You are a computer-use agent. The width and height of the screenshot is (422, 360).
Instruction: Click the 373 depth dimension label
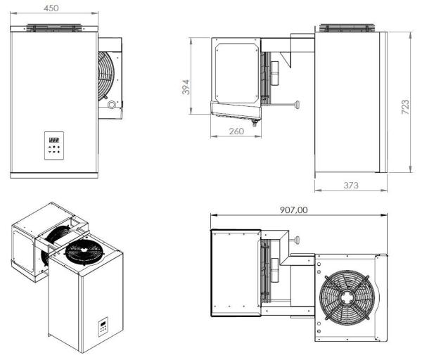(x=350, y=185)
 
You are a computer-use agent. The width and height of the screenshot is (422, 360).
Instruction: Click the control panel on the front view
(x=54, y=146)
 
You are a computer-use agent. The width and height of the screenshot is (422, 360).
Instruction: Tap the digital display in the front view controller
(x=54, y=139)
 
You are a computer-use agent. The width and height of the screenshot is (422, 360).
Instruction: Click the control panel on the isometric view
(x=102, y=327)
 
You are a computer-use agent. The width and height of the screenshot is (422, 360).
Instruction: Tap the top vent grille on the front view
(x=54, y=27)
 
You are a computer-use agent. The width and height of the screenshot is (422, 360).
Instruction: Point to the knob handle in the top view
(x=297, y=241)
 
